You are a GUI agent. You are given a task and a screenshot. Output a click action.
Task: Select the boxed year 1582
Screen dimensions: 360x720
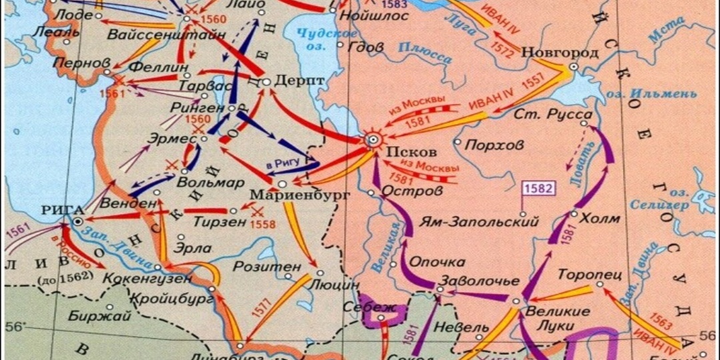click(539, 189)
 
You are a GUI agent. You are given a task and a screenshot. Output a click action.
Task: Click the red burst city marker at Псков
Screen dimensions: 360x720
click(374, 140)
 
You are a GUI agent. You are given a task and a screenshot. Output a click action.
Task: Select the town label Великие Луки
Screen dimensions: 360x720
click(557, 318)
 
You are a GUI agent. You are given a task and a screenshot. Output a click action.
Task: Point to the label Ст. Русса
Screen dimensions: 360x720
click(553, 115)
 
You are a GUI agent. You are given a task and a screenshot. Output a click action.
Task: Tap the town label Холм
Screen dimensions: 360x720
click(600, 218)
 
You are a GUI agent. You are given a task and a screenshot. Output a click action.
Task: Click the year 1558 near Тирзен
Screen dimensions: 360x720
click(262, 225)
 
